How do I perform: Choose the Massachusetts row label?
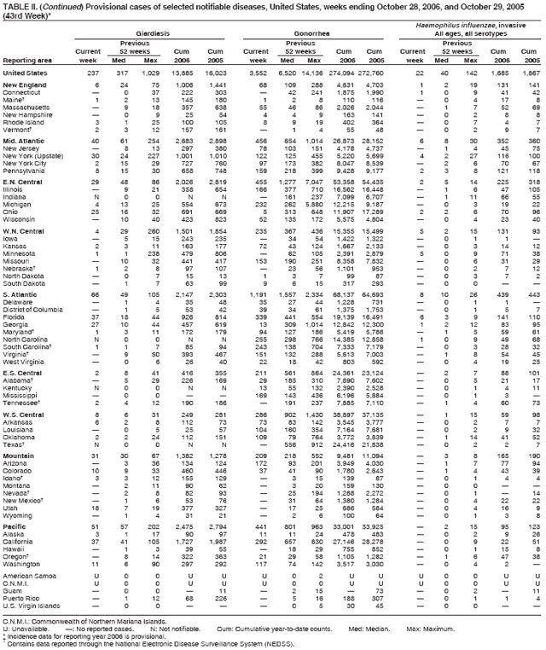point(28,107)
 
